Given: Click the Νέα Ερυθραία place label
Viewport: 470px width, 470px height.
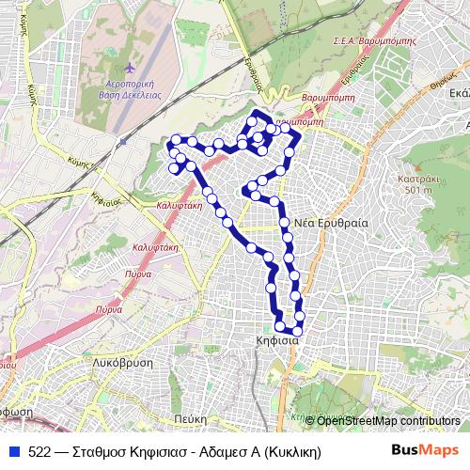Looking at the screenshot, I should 331,223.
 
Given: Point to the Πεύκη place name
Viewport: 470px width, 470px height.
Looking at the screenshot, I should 191,418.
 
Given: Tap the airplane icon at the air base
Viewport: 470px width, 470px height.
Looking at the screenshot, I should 128,69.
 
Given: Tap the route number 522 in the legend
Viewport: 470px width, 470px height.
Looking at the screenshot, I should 39,452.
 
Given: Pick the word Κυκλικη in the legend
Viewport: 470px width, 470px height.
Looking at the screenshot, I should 291,452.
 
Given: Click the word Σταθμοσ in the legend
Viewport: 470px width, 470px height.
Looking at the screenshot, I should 100,452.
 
